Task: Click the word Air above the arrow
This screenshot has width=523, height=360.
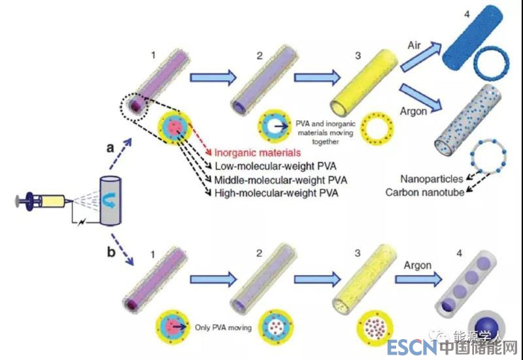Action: pyautogui.click(x=414, y=46)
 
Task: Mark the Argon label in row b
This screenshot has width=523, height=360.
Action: pyautogui.click(x=417, y=265)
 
